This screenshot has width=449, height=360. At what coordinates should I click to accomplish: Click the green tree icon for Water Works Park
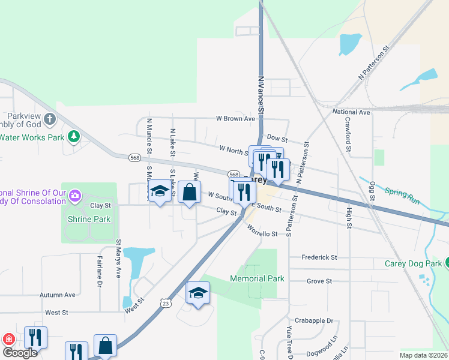coord(74,137)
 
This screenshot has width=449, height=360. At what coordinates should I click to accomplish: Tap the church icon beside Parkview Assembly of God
coord(50,119)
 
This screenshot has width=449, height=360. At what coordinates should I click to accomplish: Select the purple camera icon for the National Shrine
coord(74,196)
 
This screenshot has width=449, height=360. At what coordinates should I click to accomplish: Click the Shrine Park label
coord(89,219)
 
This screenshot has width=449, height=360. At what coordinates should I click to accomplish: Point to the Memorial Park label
coord(256,279)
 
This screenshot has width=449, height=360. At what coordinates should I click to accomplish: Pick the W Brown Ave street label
coord(236,119)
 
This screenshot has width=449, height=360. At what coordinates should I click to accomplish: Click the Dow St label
coord(277,138)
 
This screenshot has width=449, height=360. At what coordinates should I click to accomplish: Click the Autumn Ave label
coord(58,295)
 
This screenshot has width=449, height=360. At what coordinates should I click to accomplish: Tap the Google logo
coord(19,353)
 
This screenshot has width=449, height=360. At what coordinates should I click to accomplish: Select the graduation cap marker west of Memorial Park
coord(198,293)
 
